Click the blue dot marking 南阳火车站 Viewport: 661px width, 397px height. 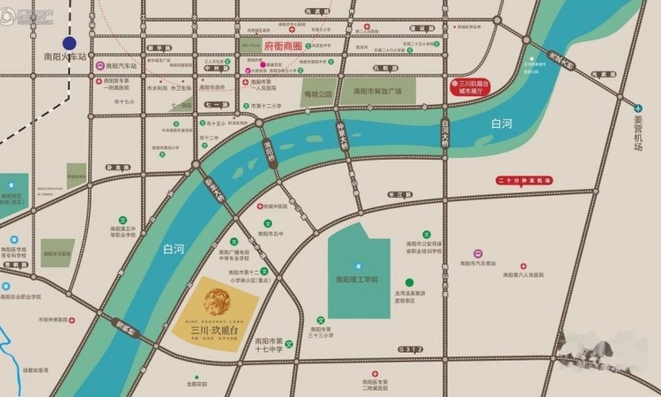69,41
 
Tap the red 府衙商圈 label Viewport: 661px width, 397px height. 282,44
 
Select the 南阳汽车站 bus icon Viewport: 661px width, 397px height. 100,65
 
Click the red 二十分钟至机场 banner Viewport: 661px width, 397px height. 524,180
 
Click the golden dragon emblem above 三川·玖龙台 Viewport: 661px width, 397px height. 217,303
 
